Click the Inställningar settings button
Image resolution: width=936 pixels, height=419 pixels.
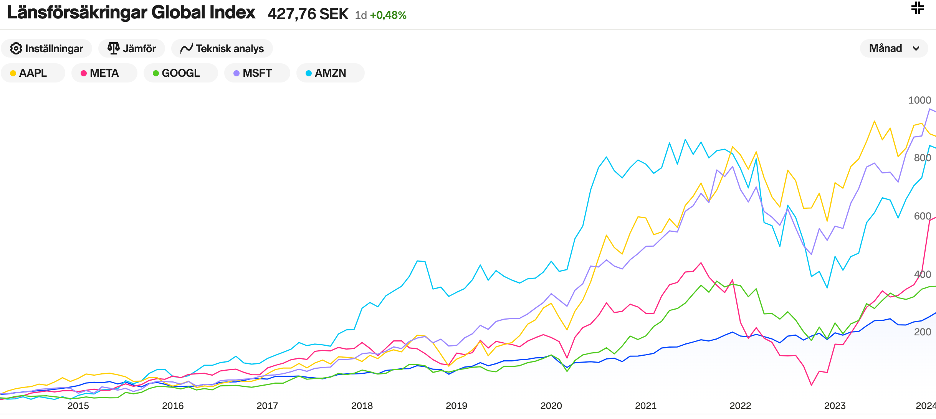coord(46,49)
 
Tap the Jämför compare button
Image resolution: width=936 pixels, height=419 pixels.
coord(132,49)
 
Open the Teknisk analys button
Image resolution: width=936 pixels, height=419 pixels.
coord(222,49)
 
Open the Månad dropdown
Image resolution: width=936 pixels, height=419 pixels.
coord(893,48)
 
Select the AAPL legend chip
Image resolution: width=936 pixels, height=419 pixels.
coord(33,73)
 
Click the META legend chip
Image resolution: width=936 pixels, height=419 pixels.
coord(104,73)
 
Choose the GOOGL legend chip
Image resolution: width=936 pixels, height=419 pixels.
coord(180,73)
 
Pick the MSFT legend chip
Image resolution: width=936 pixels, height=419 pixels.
coord(257,73)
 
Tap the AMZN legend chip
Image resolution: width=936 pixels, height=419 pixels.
coord(330,73)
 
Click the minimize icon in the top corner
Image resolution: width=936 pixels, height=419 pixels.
coord(917,8)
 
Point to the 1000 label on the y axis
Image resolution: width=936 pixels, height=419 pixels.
coord(919,100)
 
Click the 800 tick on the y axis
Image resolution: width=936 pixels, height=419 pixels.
coord(922,158)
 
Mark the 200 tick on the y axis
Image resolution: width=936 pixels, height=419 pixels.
coord(922,332)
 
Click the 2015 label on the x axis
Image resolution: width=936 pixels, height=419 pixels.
coord(78,406)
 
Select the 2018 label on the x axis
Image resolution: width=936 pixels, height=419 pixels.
coord(362,406)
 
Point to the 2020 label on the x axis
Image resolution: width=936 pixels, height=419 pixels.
coord(551,406)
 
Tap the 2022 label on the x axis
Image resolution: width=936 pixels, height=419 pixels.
coord(740,406)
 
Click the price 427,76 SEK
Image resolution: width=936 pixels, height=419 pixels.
coord(308,14)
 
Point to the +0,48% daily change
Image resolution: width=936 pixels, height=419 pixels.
coord(388,15)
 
